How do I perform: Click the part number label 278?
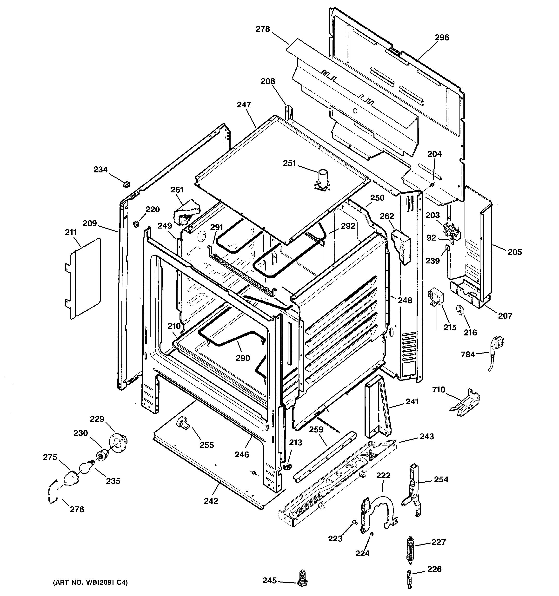pos(263,29)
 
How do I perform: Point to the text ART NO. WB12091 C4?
pos(90,583)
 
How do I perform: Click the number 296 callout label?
pos(442,38)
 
